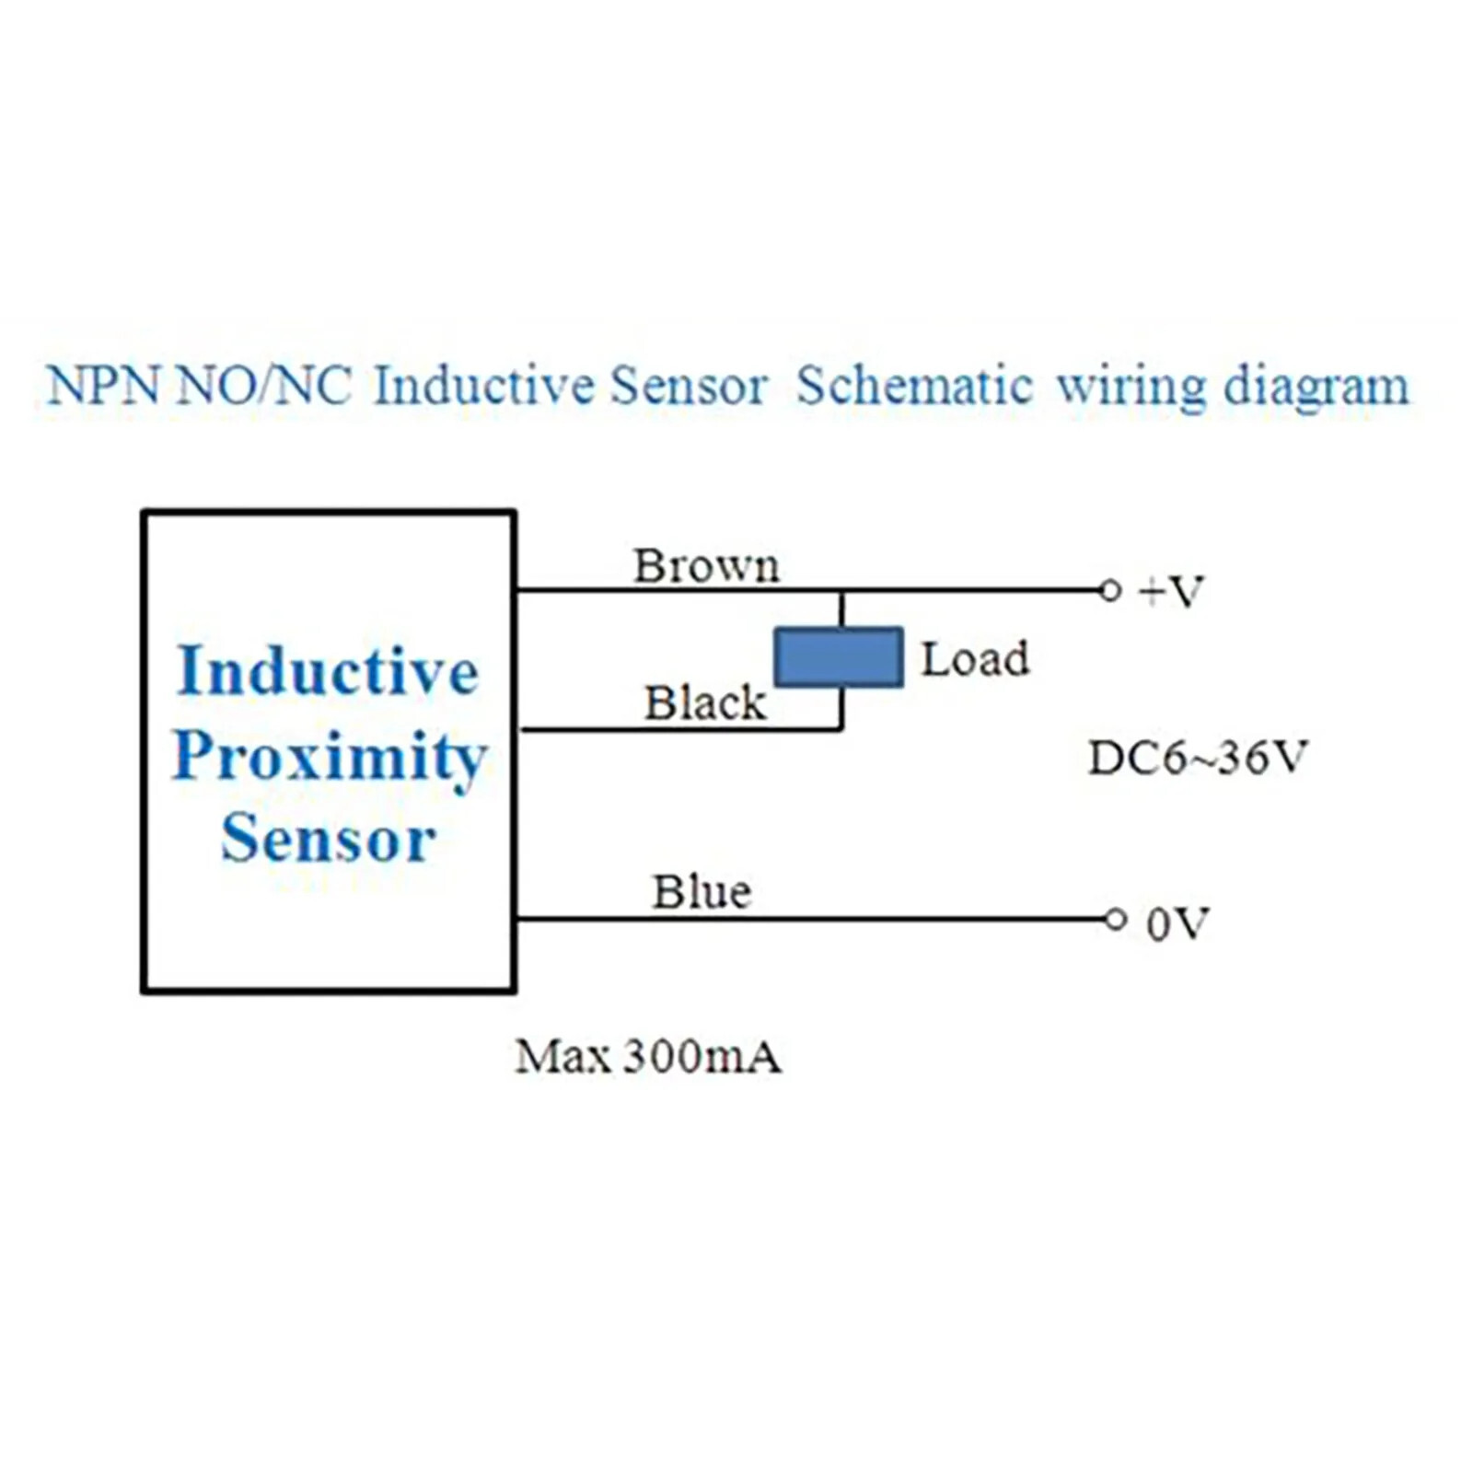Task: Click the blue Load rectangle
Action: pyautogui.click(x=838, y=657)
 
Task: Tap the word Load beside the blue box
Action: pyautogui.click(x=975, y=659)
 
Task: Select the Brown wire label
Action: pyautogui.click(x=706, y=565)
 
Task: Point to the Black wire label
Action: pyautogui.click(x=705, y=703)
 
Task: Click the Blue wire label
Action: pyautogui.click(x=702, y=891)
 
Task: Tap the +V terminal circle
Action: pyautogui.click(x=1110, y=590)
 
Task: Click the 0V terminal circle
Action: pyautogui.click(x=1115, y=919)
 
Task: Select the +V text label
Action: pyautogui.click(x=1171, y=592)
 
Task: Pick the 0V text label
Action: pyautogui.click(x=1177, y=923)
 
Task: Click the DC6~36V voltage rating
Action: pyautogui.click(x=1198, y=759)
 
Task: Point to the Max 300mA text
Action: pyautogui.click(x=648, y=1057)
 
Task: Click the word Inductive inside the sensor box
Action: pyautogui.click(x=329, y=670)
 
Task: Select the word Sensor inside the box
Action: pyautogui.click(x=329, y=839)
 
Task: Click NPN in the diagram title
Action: pyautogui.click(x=103, y=386)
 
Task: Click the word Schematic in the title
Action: pyautogui.click(x=913, y=386)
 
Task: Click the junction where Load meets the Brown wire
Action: pyautogui.click(x=841, y=590)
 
